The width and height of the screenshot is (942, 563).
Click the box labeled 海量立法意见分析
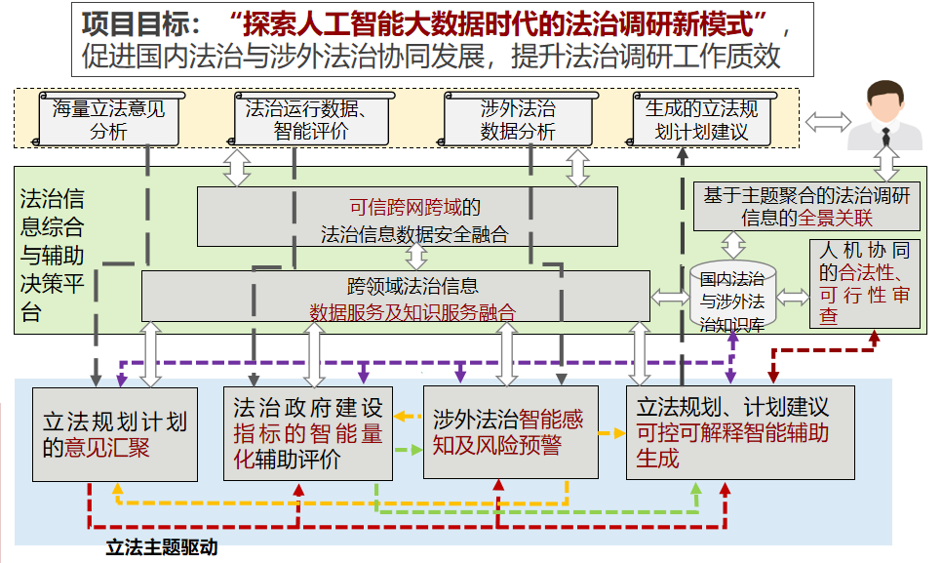[108, 119]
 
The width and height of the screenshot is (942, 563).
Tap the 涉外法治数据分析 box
[517, 119]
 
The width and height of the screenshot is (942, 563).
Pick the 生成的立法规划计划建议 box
[702, 119]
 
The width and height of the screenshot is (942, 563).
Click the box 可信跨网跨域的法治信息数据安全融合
[407, 218]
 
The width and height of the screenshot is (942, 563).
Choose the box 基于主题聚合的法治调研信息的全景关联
[806, 206]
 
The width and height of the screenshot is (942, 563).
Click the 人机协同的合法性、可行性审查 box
[863, 283]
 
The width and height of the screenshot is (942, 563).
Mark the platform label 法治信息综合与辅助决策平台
[53, 256]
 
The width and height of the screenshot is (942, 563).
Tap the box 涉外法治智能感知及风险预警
[509, 432]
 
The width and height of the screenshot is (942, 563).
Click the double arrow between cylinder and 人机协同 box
[793, 297]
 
